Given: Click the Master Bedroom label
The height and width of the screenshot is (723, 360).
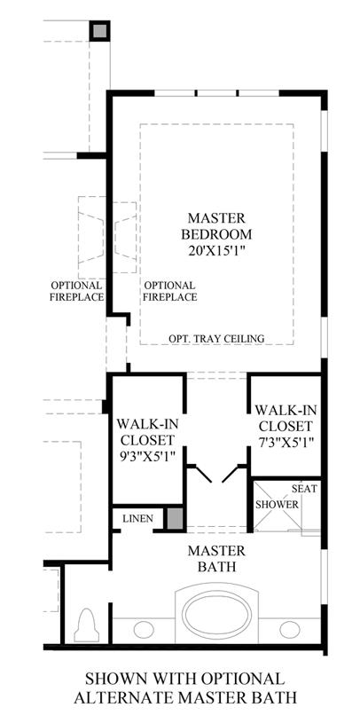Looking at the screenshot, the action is [x=216, y=226].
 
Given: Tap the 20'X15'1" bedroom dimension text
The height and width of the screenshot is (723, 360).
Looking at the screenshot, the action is [x=216, y=251].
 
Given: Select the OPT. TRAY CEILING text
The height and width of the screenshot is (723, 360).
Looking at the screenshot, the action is [x=216, y=339].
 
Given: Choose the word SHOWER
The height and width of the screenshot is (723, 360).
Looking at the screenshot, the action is [x=277, y=505].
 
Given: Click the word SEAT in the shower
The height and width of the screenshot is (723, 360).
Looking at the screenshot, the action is [x=305, y=488].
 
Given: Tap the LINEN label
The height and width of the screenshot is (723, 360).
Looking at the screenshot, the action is [x=137, y=519].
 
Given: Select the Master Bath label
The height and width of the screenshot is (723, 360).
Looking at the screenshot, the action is [x=216, y=558].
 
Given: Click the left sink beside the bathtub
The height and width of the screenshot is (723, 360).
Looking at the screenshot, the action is [x=144, y=629].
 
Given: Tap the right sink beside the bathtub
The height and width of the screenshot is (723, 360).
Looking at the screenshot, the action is [x=289, y=629].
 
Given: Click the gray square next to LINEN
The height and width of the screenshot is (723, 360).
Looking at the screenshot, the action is [x=175, y=518].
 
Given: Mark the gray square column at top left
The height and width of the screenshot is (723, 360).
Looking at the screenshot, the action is [x=99, y=31].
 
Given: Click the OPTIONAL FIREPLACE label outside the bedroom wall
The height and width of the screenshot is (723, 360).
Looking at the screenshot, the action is [x=77, y=291].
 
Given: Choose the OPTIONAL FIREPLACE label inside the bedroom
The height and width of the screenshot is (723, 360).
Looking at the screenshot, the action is [x=169, y=291].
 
